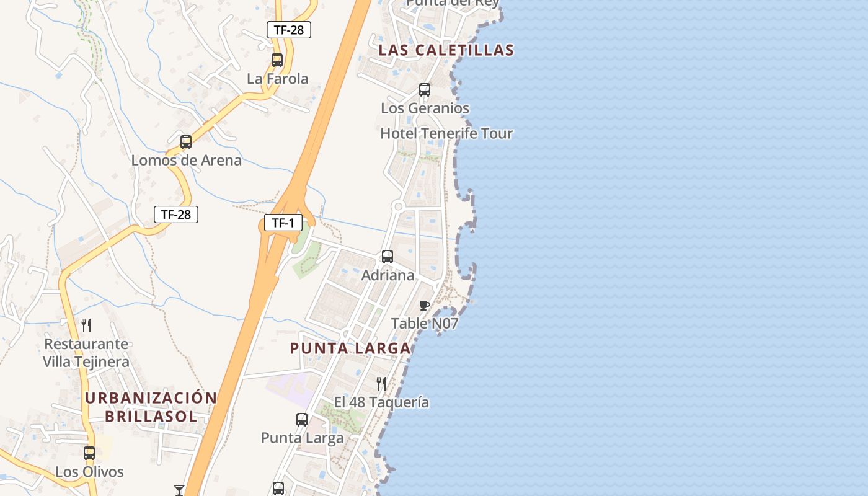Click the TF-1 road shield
point(283,223)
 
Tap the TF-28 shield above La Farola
point(288,29)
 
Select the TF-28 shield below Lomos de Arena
point(175,215)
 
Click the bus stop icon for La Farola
point(277,60)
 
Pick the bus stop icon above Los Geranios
point(425,90)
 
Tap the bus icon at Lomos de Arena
point(186,142)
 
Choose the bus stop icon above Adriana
point(387,257)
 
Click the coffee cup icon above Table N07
point(425,305)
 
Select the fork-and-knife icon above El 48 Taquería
point(381,384)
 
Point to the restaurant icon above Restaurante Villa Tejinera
point(86,325)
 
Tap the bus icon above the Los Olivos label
point(89,453)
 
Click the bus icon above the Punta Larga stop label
point(302,420)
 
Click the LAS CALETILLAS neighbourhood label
point(446,50)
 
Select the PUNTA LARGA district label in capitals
point(350,348)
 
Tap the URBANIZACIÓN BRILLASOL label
point(151,407)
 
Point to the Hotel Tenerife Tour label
point(446,133)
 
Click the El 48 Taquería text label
point(381,402)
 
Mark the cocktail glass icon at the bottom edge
point(179,490)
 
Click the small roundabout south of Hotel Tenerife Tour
point(398,206)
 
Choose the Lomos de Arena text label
point(186,161)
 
